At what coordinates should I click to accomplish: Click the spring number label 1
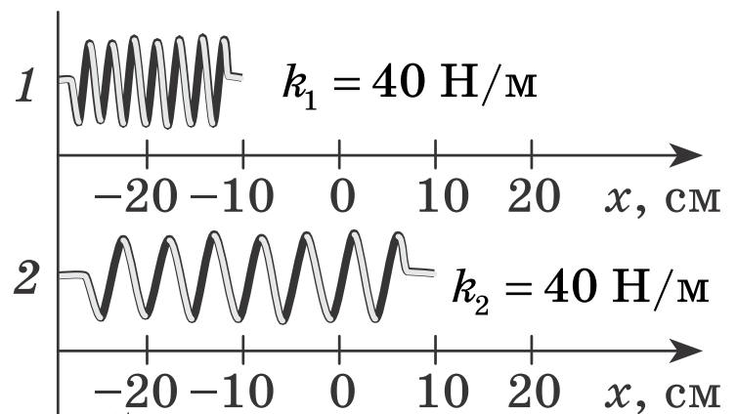pos(25,85)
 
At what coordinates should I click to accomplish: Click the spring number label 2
pos(25,278)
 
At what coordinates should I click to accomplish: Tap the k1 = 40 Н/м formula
pos(410,86)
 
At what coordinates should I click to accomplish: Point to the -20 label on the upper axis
pos(136,195)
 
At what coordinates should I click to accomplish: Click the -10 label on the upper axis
pos(232,195)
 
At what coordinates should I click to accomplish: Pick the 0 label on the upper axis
pos(342,195)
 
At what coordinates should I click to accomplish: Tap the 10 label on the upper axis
pos(443,195)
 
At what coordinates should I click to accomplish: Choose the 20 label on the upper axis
pos(534,195)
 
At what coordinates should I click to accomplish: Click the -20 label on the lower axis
pos(136,391)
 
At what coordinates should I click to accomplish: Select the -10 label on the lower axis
pos(232,391)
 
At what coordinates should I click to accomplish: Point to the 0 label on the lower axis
pos(342,391)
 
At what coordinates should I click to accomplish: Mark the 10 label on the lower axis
pos(443,391)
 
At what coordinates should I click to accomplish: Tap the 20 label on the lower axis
pos(534,391)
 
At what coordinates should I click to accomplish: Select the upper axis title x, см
pos(662,199)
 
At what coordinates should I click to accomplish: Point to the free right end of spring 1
pos(241,77)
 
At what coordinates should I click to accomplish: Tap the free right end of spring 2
pos(433,273)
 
